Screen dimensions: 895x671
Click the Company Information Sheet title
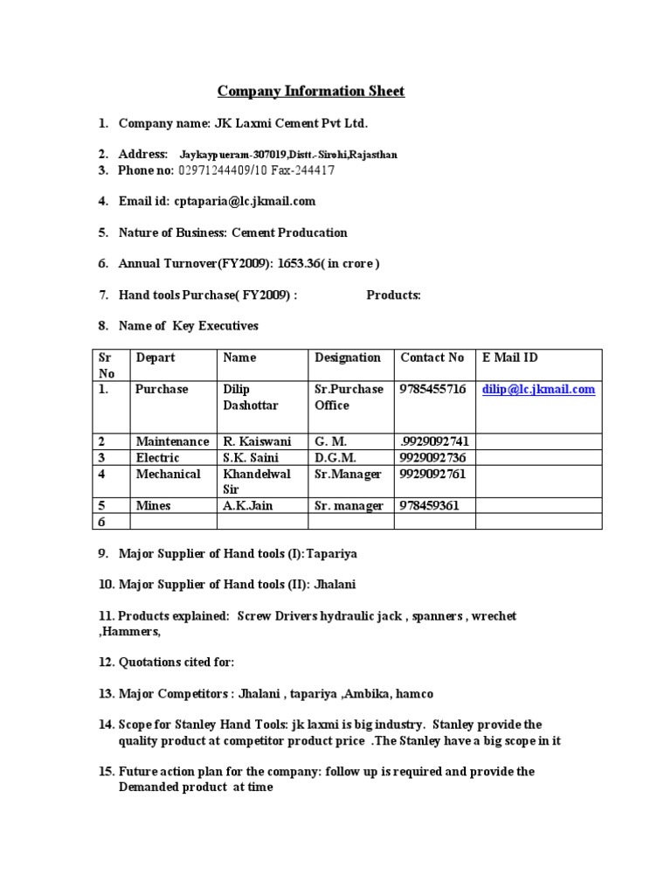click(x=310, y=91)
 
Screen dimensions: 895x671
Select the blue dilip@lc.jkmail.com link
click(x=538, y=390)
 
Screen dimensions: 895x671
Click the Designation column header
click(x=348, y=357)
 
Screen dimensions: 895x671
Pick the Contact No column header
click(x=432, y=357)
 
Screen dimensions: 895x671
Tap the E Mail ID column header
click(x=510, y=357)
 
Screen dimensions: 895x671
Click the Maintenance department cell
click(x=172, y=442)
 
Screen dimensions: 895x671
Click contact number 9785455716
click(x=432, y=390)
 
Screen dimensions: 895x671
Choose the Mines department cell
click(x=153, y=505)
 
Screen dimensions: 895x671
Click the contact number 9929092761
click(x=432, y=474)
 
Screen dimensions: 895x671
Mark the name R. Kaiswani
click(x=258, y=442)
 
